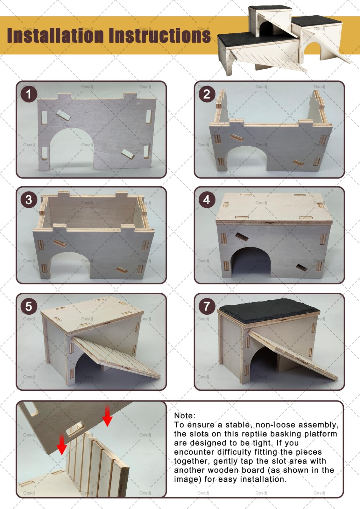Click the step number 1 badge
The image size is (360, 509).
pos(29,94)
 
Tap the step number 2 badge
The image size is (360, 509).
pos(207,94)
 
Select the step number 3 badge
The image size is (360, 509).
pos(29,200)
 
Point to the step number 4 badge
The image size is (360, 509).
pos(207,200)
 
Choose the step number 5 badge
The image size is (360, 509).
pos(29,306)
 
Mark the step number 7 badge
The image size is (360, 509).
pos(207,306)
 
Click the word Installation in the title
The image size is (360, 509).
pos(55,35)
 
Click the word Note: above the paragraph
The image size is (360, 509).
pos(185,415)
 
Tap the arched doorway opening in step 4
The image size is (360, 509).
pos(251,262)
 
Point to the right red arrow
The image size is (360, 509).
pos(107,416)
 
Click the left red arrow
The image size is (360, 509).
pos(62,444)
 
